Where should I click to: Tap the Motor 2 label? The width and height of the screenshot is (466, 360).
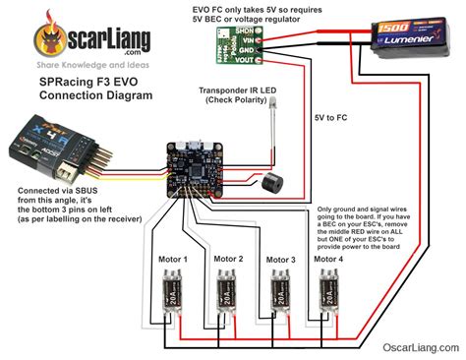[226, 259]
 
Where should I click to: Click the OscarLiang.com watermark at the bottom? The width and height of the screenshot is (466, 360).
[418, 347]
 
